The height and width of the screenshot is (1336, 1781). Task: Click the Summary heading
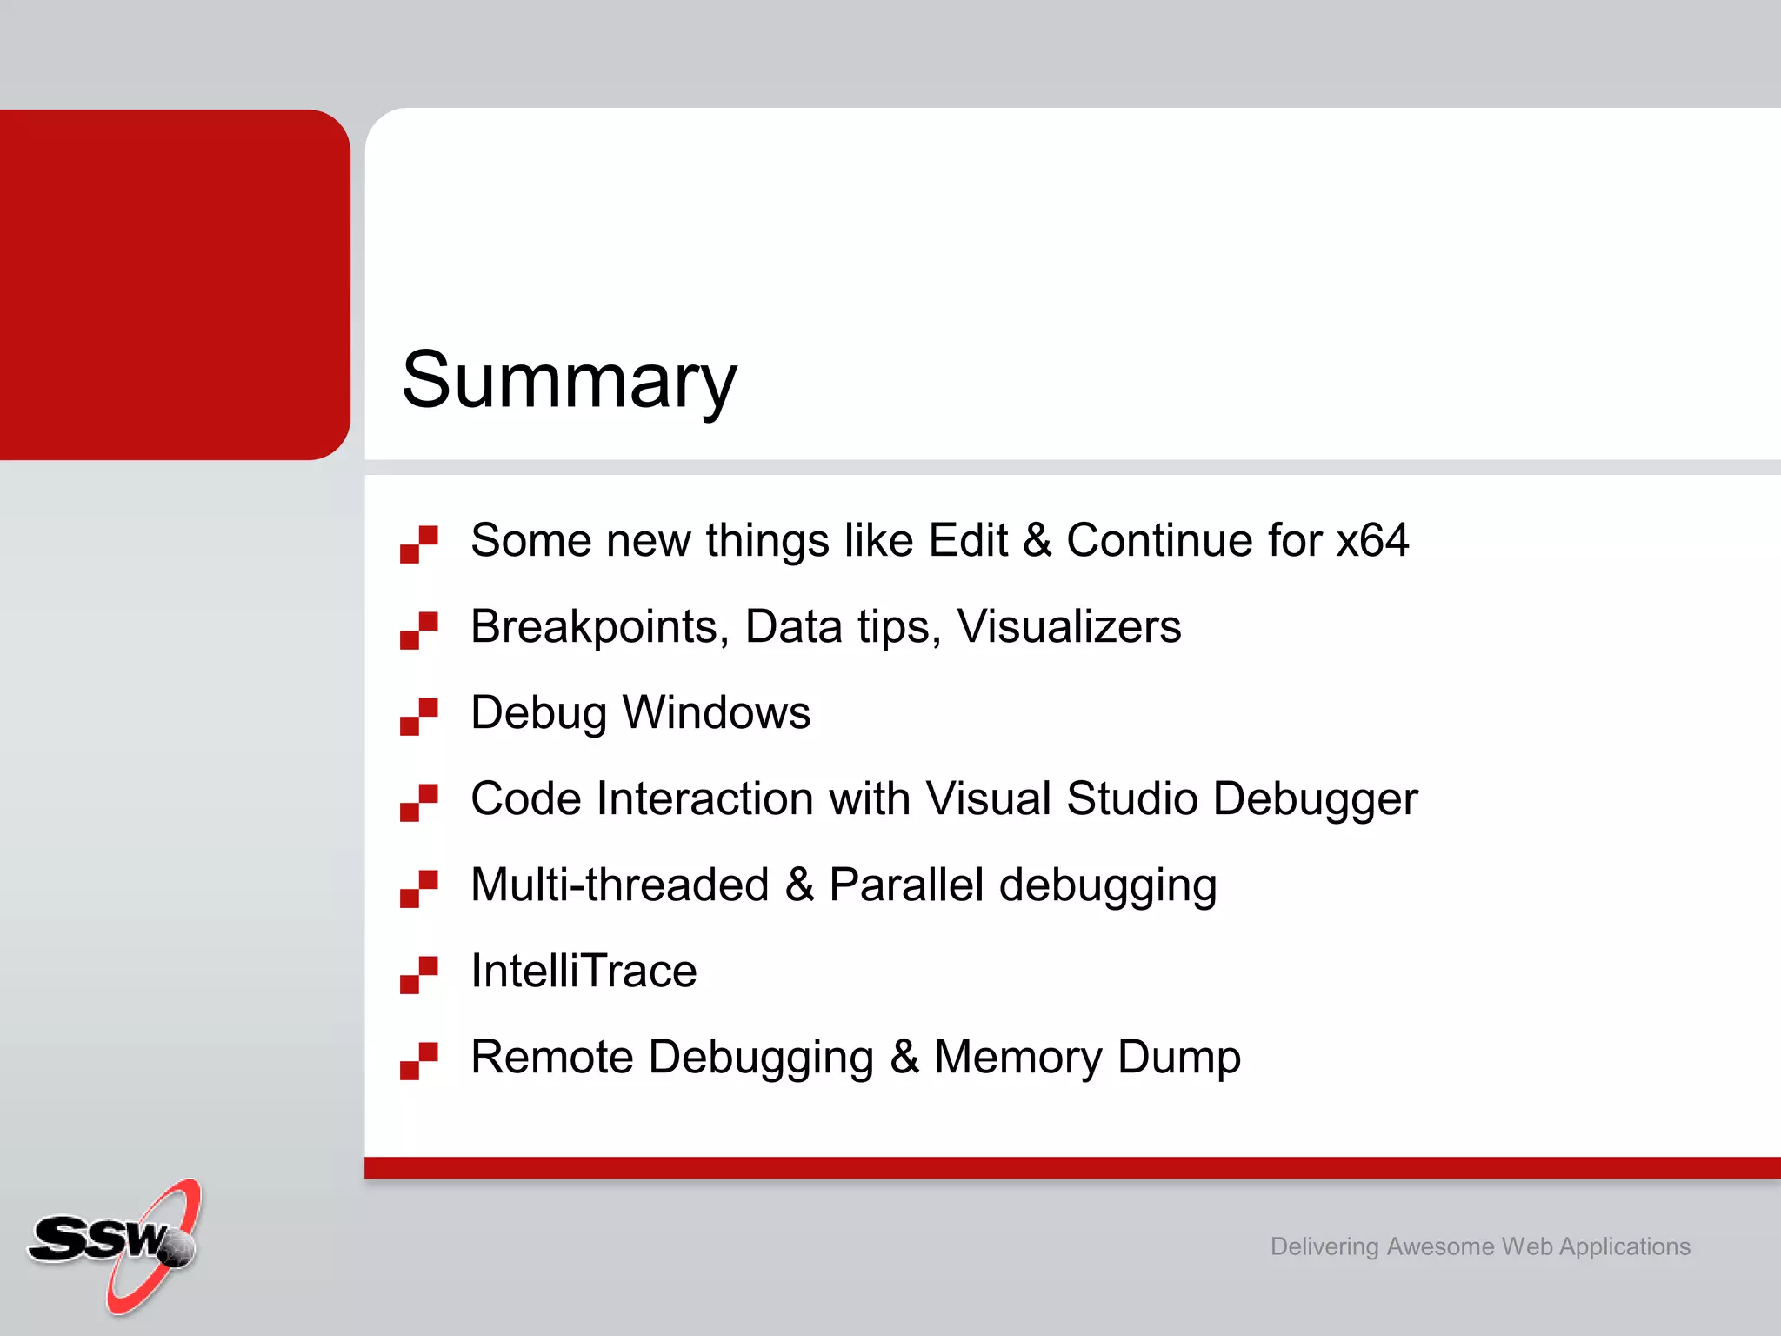[x=570, y=380]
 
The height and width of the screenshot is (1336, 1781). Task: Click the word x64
[x=1372, y=540]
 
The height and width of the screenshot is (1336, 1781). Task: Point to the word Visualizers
[x=1069, y=626]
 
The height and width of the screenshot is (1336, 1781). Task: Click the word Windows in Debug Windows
[x=717, y=712]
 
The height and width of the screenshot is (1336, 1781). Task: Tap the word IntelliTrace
[x=584, y=971]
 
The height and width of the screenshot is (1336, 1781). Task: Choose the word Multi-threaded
[x=620, y=885]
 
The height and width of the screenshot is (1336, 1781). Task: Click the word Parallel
[x=906, y=885]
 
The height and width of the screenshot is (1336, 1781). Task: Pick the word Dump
[x=1178, y=1057]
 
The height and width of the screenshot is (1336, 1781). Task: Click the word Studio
[x=1132, y=798]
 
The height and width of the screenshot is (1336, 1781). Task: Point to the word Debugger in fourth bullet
[x=1315, y=800]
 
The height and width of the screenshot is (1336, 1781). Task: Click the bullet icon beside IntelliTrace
[x=418, y=974]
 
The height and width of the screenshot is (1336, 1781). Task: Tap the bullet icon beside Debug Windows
[x=418, y=716]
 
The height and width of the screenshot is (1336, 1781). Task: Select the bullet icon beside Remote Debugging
[x=418, y=1060]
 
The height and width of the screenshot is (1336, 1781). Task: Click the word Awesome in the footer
[x=1439, y=1246]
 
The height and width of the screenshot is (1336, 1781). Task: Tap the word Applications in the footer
[x=1624, y=1246]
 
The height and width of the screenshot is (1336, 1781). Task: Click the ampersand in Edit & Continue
[x=1037, y=540]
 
